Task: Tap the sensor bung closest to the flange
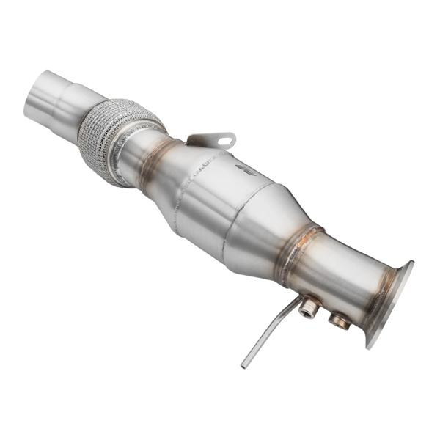[339, 320]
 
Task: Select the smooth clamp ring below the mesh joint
[136, 158]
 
